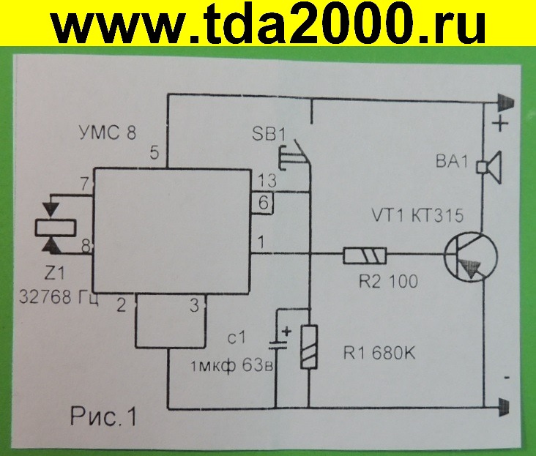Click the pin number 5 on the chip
pyautogui.click(x=154, y=154)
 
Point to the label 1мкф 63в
pyautogui.click(x=231, y=367)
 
